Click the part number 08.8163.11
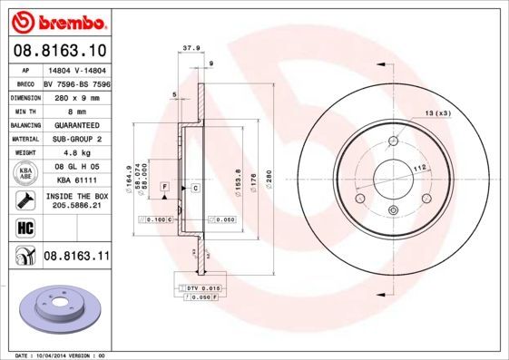tap(76, 257)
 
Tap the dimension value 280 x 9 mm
tap(75, 96)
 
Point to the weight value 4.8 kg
tap(75, 153)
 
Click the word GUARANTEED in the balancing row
tap(75, 124)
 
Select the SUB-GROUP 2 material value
tap(75, 139)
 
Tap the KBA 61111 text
tap(75, 180)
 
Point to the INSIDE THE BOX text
tap(76, 196)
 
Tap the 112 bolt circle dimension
tap(420, 168)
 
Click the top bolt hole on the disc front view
tap(392, 141)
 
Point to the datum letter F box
tap(165, 187)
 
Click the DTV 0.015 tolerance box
tap(198, 287)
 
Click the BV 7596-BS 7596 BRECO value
tap(75, 82)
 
